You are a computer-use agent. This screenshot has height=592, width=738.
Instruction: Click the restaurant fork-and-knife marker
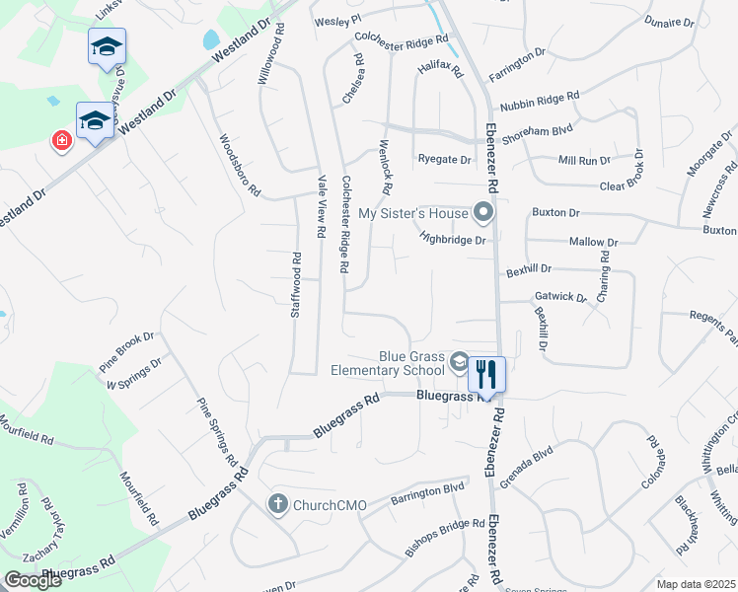486,374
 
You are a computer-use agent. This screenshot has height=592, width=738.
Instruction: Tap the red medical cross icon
62,142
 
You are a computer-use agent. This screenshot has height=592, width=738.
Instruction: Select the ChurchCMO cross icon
278,504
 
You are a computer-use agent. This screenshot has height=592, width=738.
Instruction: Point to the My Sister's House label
411,213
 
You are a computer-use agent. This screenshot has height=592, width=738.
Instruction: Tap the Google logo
33,580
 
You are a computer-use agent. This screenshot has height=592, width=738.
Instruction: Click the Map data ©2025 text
696,584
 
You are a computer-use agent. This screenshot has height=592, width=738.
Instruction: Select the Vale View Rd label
321,207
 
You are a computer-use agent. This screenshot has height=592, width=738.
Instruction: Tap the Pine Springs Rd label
218,431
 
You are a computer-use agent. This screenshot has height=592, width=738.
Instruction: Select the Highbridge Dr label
453,239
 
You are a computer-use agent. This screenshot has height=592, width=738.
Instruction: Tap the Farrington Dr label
517,61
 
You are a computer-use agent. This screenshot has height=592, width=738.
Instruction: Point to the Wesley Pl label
338,21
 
